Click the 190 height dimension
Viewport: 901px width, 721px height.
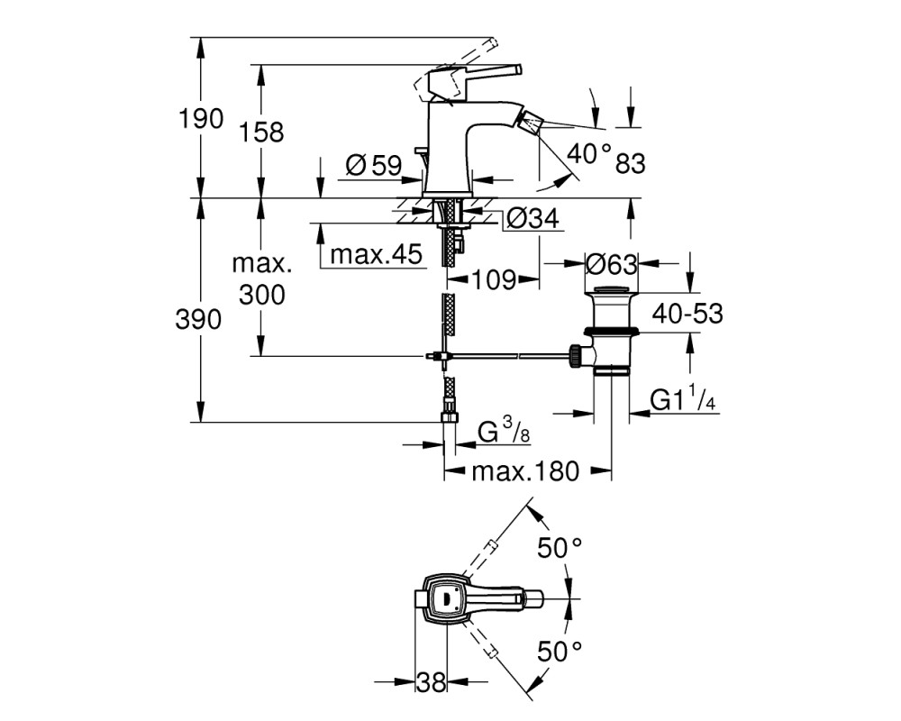click(201, 119)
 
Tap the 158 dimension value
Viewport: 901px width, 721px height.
click(261, 132)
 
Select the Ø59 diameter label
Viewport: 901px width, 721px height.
click(374, 166)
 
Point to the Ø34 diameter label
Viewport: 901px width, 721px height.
click(533, 218)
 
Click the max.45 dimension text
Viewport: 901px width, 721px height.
click(377, 253)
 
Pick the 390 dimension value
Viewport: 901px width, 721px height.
click(198, 319)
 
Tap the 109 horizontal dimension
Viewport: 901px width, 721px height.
click(494, 280)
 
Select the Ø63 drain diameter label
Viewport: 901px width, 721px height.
click(612, 264)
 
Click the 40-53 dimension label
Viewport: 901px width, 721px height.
click(687, 314)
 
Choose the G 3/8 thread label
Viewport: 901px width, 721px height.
click(504, 432)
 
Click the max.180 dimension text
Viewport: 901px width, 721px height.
click(526, 471)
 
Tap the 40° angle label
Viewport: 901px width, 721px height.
click(588, 152)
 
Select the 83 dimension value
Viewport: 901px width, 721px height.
click(631, 164)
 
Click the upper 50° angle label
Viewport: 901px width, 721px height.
click(560, 547)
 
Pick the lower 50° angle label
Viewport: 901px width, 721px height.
click(560, 652)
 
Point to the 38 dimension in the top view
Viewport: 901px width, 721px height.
click(431, 683)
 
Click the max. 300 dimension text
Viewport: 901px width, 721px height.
click(262, 279)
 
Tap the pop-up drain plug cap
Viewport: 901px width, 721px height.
click(612, 290)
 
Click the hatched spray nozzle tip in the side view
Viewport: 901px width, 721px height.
click(529, 123)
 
